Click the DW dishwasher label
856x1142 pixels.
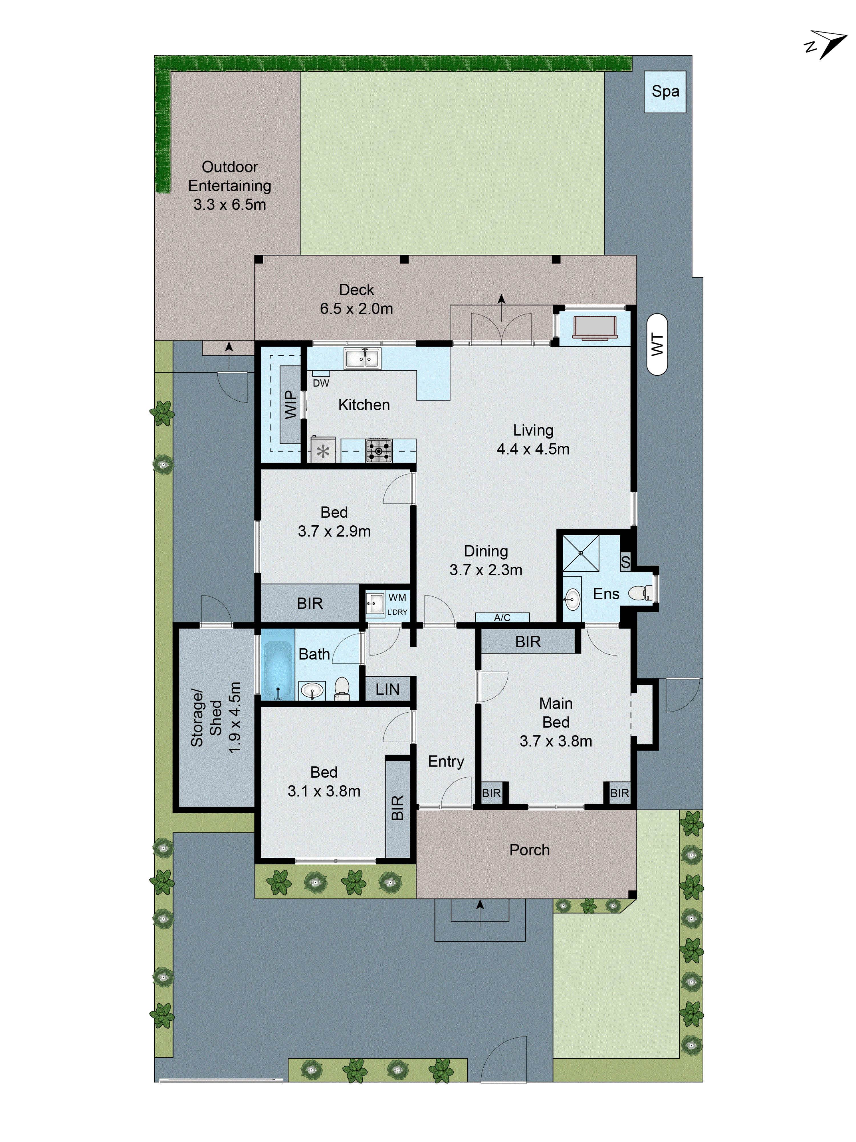coord(321,383)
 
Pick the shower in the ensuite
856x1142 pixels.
coord(580,553)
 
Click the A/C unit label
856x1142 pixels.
coord(502,618)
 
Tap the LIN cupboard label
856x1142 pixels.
coord(387,689)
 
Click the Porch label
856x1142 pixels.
coord(529,850)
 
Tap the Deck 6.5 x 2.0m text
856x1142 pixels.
coord(356,308)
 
